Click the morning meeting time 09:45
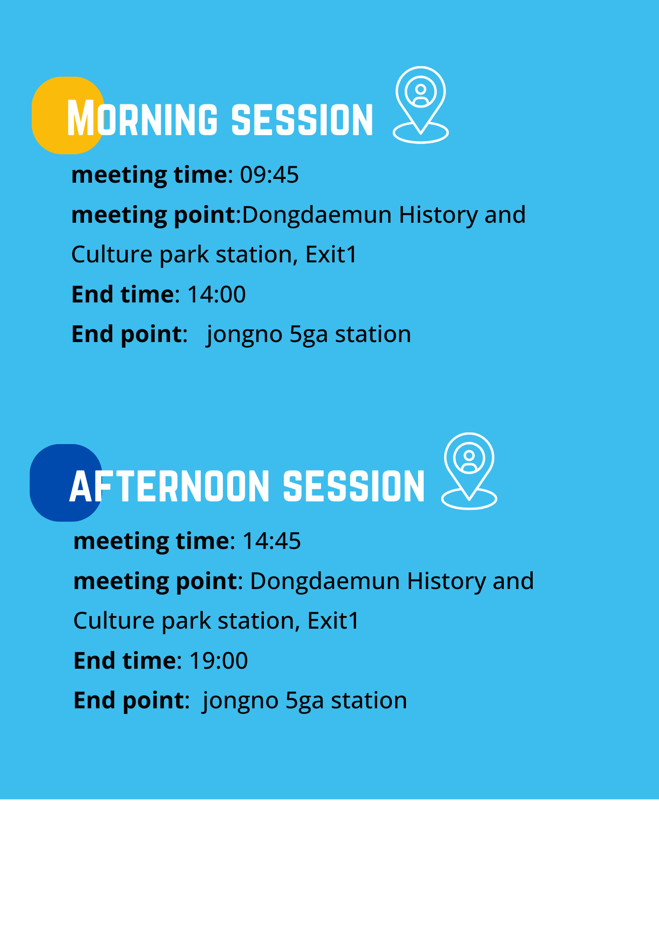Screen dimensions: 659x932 269,175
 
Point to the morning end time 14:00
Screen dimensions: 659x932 216,295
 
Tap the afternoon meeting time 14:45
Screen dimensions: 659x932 272,541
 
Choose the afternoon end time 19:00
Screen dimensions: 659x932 219,661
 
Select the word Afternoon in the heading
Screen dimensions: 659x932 170,486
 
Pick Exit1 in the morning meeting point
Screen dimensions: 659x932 331,254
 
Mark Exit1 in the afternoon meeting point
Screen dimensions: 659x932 333,621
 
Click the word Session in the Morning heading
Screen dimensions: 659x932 302,119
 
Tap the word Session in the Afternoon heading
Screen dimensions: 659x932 354,486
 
